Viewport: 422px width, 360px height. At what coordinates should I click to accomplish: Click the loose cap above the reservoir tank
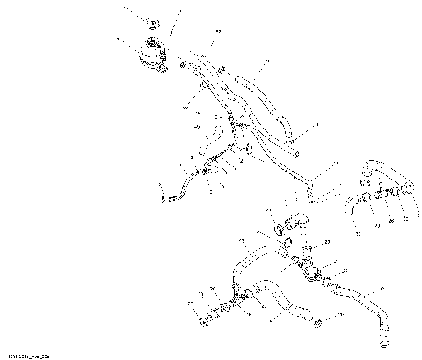(152, 21)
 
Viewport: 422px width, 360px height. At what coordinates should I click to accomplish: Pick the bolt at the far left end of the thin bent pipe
(164, 197)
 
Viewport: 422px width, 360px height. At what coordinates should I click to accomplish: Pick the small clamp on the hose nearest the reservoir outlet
(183, 62)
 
